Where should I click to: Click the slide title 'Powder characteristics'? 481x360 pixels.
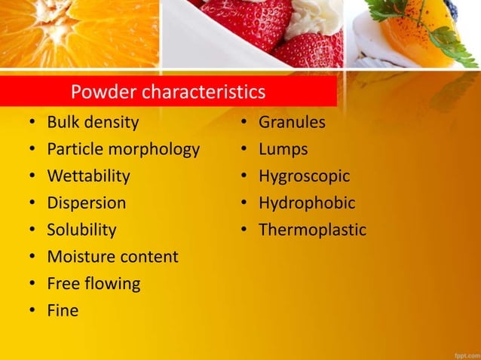pos(167,93)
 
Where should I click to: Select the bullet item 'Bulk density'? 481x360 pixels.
pos(93,122)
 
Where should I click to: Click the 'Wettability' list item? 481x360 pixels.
pos(88,176)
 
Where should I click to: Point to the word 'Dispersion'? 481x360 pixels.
pos(87,203)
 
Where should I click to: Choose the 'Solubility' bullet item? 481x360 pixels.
pos(81,230)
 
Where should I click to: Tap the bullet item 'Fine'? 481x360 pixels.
pos(63,310)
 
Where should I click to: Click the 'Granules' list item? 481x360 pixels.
pos(292,122)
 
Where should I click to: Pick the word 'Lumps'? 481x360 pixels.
pos(283,149)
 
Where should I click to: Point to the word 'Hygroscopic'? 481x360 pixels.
pos(304,176)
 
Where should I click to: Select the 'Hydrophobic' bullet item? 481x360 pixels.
pos(307,203)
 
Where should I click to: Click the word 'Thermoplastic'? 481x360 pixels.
pos(312,230)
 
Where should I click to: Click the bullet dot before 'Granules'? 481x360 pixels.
pos(244,123)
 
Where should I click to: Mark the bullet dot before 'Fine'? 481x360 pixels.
pos(32,311)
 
